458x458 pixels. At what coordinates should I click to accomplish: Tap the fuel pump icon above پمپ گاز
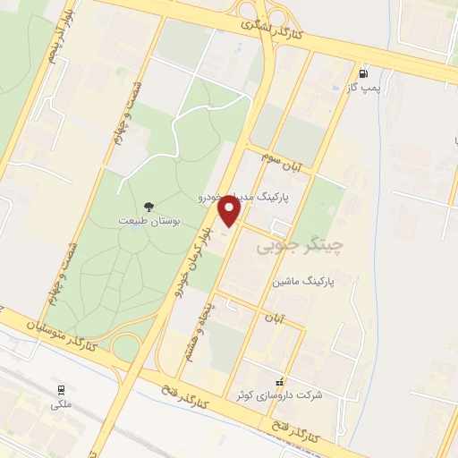click(x=362, y=74)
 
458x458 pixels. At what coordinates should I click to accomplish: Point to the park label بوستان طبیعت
click(x=148, y=220)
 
